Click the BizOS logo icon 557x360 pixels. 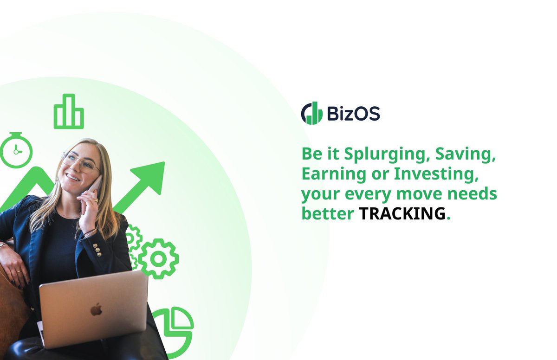pyautogui.click(x=311, y=113)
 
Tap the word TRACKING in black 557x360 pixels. pyautogui.click(x=402, y=213)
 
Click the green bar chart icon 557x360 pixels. pyautogui.click(x=69, y=112)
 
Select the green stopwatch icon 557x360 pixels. pyautogui.click(x=16, y=149)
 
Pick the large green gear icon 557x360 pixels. pyautogui.click(x=158, y=258)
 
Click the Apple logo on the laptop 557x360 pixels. pyautogui.click(x=97, y=309)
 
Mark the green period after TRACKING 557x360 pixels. pyautogui.click(x=448, y=218)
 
